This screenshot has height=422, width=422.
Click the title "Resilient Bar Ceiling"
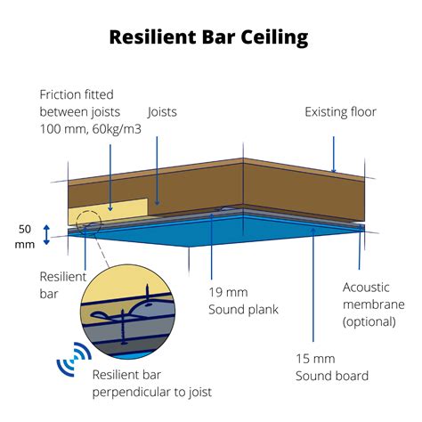(x=208, y=37)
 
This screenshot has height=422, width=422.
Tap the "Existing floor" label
(x=340, y=112)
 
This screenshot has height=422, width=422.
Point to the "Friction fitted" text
(x=77, y=94)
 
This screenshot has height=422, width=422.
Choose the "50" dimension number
(x=25, y=229)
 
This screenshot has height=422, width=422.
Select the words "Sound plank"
(x=243, y=309)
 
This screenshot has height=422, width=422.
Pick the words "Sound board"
(x=330, y=375)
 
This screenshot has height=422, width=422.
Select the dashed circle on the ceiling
(x=87, y=221)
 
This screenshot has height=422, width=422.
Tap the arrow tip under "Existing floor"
(x=334, y=171)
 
